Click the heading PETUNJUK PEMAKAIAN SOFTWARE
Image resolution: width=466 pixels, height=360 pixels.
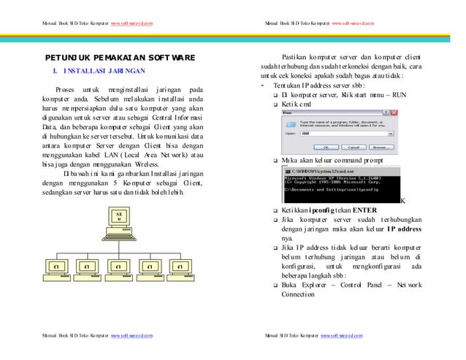121,57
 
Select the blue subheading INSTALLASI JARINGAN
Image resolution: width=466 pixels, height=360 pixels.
104,72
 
